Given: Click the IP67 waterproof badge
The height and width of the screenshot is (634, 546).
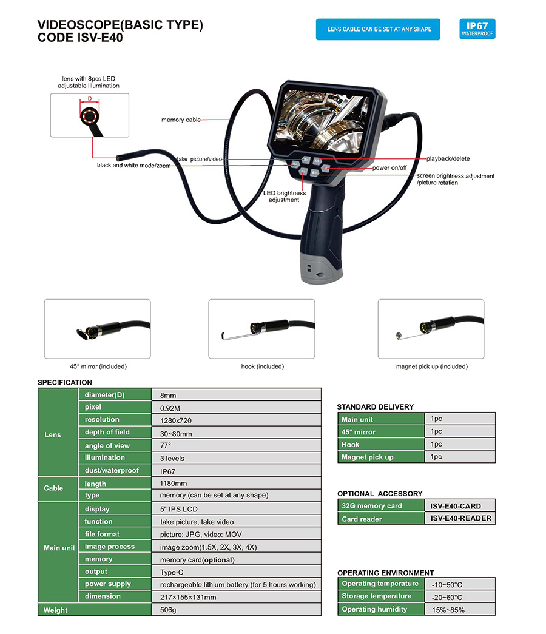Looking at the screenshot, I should [477, 29].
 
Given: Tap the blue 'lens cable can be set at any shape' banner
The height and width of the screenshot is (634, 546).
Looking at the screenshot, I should [379, 29].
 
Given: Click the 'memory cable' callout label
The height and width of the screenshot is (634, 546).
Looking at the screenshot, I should [181, 120].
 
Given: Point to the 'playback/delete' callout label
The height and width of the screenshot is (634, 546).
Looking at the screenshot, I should [448, 159].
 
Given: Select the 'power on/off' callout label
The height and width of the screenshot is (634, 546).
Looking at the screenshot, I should [389, 167].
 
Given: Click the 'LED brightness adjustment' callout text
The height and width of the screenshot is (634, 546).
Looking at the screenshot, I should [284, 197].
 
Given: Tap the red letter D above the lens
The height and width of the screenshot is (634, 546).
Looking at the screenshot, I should [90, 98].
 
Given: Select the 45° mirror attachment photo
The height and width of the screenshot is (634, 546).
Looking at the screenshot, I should [98, 328].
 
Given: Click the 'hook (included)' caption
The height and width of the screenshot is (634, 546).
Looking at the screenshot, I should [262, 366].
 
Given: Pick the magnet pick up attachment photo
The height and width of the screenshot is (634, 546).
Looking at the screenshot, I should [431, 328].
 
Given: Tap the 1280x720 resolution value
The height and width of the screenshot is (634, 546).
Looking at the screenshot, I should [176, 420].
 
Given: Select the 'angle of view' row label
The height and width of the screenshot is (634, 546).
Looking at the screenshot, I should [107, 446].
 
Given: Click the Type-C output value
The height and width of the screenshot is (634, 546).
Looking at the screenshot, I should [172, 572].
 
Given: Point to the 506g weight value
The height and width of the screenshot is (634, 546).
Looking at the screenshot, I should [168, 610].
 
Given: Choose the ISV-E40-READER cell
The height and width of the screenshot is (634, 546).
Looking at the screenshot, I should [460, 519].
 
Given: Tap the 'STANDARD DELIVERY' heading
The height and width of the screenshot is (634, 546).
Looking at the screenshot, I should [375, 407].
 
